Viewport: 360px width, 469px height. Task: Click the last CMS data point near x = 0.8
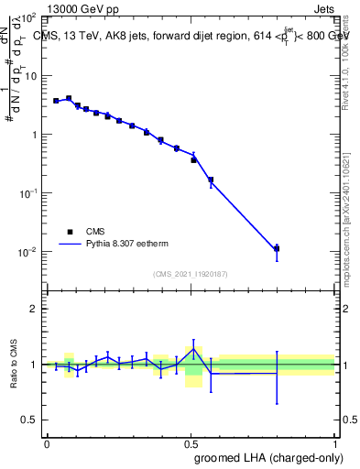point(277,248)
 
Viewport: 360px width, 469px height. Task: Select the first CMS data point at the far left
point(56,101)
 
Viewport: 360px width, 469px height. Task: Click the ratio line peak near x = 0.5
point(193,349)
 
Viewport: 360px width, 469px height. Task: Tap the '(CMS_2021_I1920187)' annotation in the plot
point(190,273)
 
